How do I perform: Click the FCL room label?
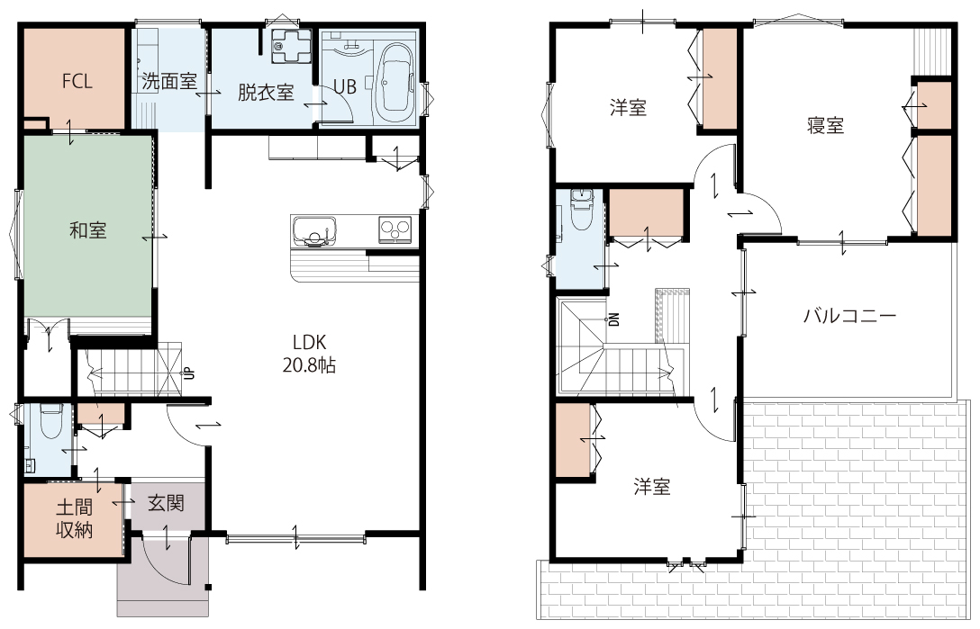click(x=77, y=81)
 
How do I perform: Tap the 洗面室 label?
click(x=169, y=81)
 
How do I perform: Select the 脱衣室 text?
click(x=266, y=93)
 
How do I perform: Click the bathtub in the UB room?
click(x=395, y=85)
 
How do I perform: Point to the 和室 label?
click(x=88, y=230)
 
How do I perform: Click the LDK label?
click(x=309, y=342)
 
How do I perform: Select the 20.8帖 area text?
click(x=309, y=364)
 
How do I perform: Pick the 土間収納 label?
click(x=75, y=518)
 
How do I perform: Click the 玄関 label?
click(x=167, y=503)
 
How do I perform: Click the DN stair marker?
click(x=613, y=319)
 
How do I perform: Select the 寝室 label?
click(x=826, y=126)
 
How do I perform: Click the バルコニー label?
click(x=850, y=316)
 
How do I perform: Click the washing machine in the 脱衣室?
click(x=291, y=45)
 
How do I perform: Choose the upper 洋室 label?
click(x=628, y=108)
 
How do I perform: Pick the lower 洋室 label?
click(x=652, y=487)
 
